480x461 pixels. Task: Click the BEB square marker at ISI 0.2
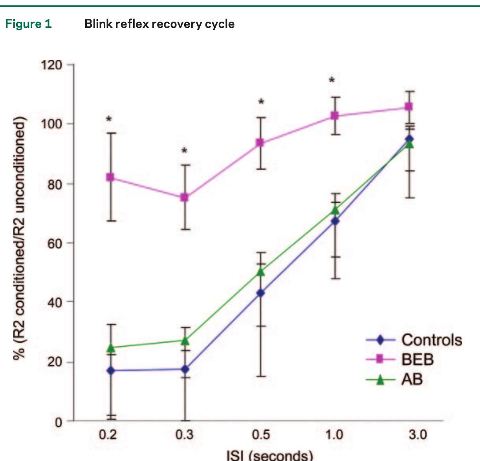point(110,177)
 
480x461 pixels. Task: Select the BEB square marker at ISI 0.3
point(184,198)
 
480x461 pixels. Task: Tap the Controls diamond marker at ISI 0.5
point(260,293)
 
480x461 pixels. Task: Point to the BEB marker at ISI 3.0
point(409,107)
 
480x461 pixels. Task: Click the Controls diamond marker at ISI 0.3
point(185,369)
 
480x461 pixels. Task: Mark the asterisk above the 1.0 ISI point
point(332,81)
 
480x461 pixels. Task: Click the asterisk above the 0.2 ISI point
point(109,119)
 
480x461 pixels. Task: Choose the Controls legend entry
point(431,340)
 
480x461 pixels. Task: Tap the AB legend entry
point(412,379)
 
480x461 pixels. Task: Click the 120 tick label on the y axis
point(51,65)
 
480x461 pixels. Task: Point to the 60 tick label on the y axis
point(54,243)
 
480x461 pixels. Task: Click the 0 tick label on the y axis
point(59,422)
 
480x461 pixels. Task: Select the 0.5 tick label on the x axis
point(261,435)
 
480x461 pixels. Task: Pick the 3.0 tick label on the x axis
point(417,435)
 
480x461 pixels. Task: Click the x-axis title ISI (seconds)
point(270,455)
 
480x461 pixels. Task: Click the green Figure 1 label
point(28,24)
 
